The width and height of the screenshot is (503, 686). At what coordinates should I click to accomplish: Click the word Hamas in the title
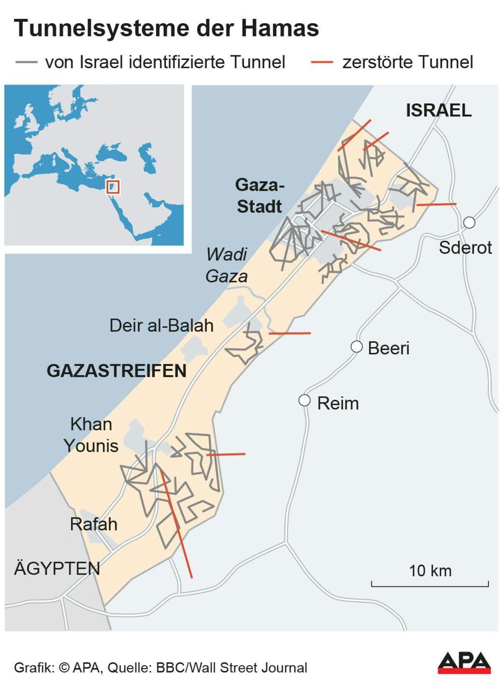click(280, 29)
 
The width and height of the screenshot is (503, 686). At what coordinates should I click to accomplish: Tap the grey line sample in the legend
click(26, 62)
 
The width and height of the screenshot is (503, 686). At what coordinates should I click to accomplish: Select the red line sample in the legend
click(322, 62)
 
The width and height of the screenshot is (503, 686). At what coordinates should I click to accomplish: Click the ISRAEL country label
click(438, 110)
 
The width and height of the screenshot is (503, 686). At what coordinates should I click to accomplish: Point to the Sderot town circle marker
click(469, 222)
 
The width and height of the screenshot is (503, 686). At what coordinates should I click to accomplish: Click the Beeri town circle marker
click(356, 347)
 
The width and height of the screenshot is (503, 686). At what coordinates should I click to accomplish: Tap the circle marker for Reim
click(304, 400)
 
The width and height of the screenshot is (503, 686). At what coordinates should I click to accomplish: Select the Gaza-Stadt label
click(259, 196)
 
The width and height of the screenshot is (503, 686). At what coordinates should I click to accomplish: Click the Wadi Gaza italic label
click(226, 265)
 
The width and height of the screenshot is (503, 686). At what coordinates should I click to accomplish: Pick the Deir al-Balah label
click(161, 326)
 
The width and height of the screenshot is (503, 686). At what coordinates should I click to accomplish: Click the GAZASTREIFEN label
click(117, 371)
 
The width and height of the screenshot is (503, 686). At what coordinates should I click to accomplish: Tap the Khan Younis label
click(91, 435)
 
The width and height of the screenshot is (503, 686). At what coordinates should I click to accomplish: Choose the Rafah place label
click(93, 524)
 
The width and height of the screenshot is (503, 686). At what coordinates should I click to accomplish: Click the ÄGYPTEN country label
click(57, 569)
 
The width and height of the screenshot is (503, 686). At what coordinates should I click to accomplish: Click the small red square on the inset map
click(113, 187)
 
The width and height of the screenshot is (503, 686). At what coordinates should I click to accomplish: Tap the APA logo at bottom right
click(464, 663)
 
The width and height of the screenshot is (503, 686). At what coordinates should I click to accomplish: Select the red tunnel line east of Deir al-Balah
click(290, 333)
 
